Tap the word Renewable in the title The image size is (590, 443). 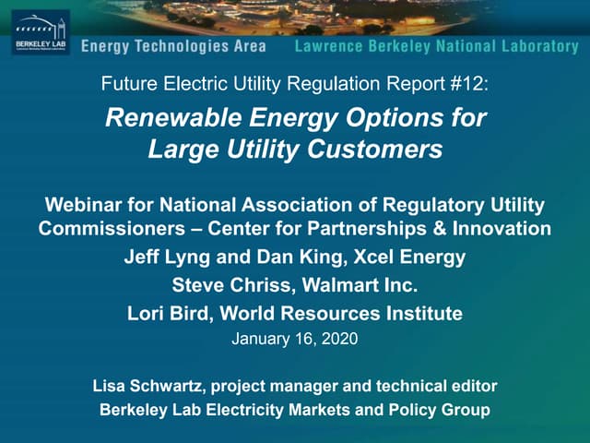tap(163, 118)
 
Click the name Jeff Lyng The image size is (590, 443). tap(160, 257)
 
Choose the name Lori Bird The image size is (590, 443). tap(166, 313)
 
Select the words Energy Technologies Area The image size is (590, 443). tap(173, 46)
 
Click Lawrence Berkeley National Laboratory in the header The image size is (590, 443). tap(436, 46)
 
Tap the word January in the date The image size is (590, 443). tap(261, 339)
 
